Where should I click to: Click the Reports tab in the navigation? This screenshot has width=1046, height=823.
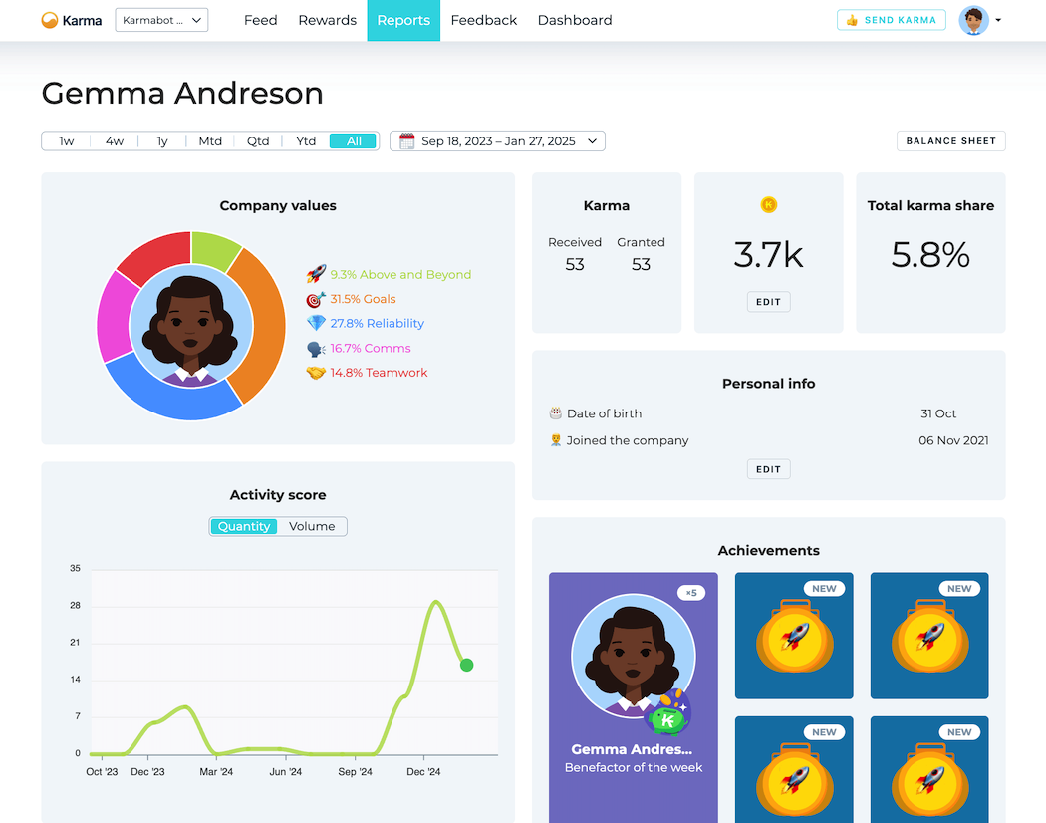(403, 20)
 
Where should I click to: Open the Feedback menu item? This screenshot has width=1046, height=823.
(483, 20)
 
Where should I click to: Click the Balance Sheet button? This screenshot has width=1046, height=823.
(950, 141)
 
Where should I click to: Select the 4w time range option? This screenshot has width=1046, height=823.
(115, 141)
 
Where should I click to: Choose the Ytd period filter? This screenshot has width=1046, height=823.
(306, 141)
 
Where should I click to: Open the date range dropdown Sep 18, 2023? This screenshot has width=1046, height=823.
(497, 141)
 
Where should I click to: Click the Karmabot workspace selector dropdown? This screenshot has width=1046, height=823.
(161, 20)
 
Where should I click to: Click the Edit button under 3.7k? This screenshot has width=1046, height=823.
(768, 302)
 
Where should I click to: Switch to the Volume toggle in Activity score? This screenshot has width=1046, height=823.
(312, 526)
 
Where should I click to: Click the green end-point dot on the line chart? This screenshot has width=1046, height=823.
(466, 665)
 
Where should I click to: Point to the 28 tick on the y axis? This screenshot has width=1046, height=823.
(75, 606)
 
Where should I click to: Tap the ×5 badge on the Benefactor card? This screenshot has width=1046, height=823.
(691, 593)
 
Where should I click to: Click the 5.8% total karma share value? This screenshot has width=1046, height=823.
(930, 255)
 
